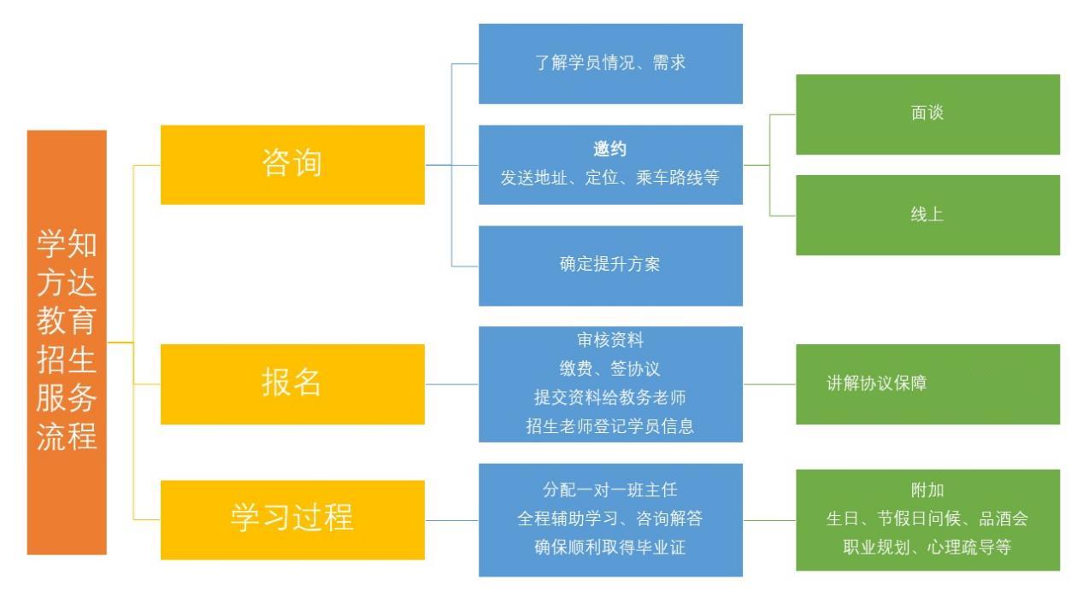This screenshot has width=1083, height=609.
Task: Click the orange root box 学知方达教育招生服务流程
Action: click(67, 342)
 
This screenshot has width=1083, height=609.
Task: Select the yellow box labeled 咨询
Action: click(292, 165)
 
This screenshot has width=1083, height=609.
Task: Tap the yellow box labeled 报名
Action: click(292, 384)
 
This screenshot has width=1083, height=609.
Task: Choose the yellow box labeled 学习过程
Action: click(292, 520)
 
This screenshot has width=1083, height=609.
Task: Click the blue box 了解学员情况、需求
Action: click(610, 64)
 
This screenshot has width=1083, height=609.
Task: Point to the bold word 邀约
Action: click(610, 149)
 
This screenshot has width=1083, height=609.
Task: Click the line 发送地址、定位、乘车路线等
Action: click(610, 178)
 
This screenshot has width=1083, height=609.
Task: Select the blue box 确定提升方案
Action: click(610, 266)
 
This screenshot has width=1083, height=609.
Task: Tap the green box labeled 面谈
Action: click(927, 114)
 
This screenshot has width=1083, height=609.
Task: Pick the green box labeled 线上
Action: click(927, 215)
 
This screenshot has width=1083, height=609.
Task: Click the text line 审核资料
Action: click(610, 340)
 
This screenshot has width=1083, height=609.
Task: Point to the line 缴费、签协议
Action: click(609, 369)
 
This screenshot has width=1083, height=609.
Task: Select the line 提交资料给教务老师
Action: click(610, 397)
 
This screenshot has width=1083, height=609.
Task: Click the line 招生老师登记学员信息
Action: click(610, 426)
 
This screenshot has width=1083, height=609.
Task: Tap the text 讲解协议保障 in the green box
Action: click(876, 383)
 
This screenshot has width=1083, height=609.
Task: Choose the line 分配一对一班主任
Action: click(610, 489)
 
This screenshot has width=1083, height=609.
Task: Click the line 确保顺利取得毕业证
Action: click(610, 548)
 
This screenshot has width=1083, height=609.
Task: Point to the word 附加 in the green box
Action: click(927, 489)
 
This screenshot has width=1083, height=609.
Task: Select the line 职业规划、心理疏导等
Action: click(927, 548)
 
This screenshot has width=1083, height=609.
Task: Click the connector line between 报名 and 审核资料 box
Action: click(451, 384)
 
